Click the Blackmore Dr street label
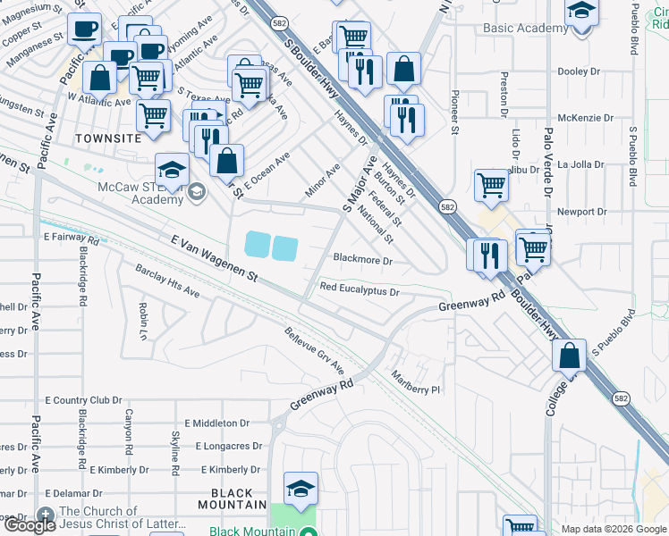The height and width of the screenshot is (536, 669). (362, 260)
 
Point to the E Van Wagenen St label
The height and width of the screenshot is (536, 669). (214, 259)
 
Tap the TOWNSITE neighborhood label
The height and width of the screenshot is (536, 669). (108, 139)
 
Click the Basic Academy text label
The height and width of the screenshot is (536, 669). (525, 29)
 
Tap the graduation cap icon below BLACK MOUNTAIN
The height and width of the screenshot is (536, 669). (301, 488)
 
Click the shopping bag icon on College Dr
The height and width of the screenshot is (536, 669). (569, 356)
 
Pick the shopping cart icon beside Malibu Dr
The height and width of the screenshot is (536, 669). (491, 185)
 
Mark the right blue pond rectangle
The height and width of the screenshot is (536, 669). (285, 248)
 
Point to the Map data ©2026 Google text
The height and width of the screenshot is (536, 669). (614, 529)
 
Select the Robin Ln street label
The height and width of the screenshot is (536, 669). (143, 320)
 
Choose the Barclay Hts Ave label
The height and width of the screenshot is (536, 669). (167, 281)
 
